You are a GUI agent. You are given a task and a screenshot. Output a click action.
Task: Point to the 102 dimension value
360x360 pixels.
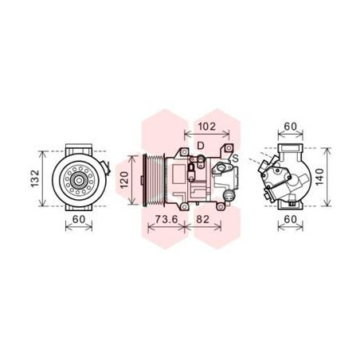[x=207, y=125]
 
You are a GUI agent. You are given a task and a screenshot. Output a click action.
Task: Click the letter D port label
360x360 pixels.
[x=201, y=145]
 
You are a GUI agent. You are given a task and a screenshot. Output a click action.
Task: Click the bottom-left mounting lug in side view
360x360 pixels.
[x=186, y=209]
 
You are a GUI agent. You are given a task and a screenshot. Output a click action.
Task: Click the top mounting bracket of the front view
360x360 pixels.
[x=78, y=148]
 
